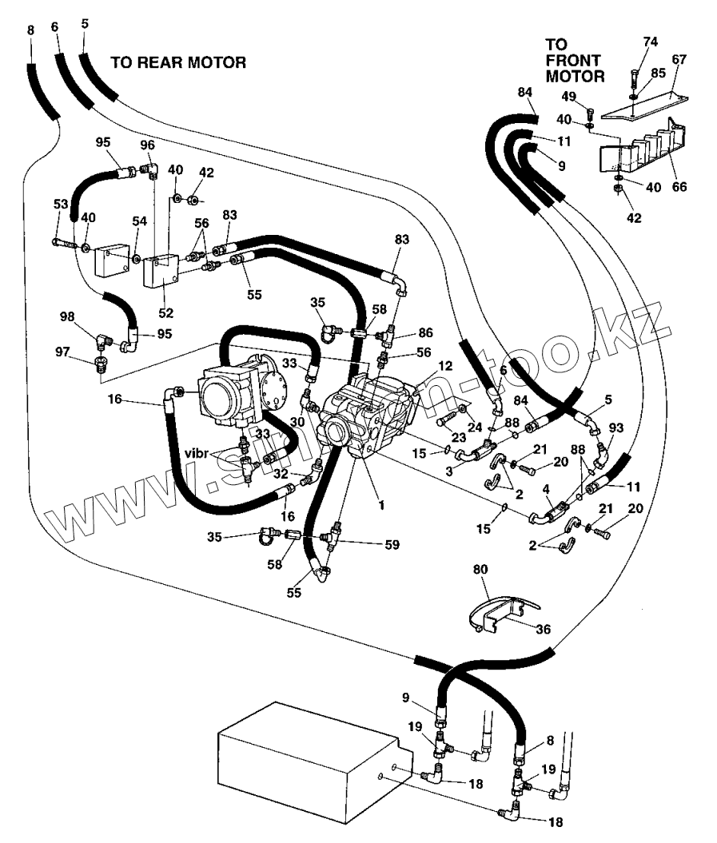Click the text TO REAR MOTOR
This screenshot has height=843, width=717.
(x=177, y=62)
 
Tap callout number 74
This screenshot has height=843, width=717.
(x=651, y=41)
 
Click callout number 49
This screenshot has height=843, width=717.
(x=568, y=97)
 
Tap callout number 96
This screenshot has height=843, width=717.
(x=147, y=145)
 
